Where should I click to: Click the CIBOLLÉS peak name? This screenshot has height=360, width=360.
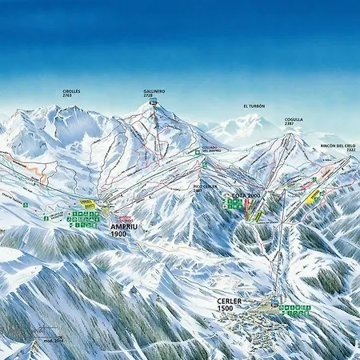(71, 91)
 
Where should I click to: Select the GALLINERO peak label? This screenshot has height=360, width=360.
(154, 91)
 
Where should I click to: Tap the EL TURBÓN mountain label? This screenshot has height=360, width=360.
(254, 106)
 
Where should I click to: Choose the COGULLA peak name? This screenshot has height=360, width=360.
(294, 120)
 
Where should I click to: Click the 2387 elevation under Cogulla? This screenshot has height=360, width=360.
(294, 125)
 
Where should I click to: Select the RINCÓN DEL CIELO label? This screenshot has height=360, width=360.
(337, 146)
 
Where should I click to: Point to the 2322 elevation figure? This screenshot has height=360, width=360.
(340, 150)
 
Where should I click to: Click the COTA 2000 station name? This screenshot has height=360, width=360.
(246, 195)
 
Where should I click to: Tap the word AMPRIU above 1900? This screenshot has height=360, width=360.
(125, 226)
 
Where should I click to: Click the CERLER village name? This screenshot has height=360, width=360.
(228, 301)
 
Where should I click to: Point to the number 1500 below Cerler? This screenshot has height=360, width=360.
(226, 309)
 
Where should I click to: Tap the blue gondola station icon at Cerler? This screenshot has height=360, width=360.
(274, 303)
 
